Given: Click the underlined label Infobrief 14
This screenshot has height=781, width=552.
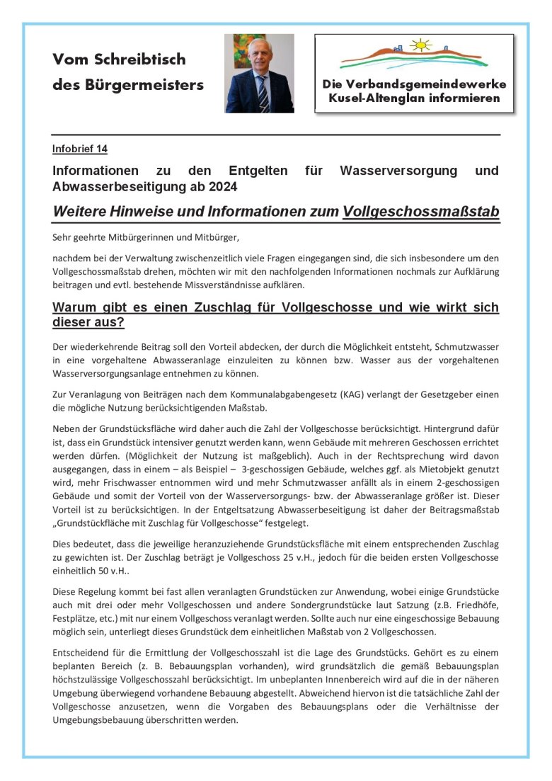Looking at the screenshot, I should (x=79, y=149).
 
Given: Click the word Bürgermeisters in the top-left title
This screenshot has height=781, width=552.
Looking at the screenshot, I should (x=148, y=85).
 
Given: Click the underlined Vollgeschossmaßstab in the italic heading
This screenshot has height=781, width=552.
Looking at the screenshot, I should (x=421, y=212).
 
